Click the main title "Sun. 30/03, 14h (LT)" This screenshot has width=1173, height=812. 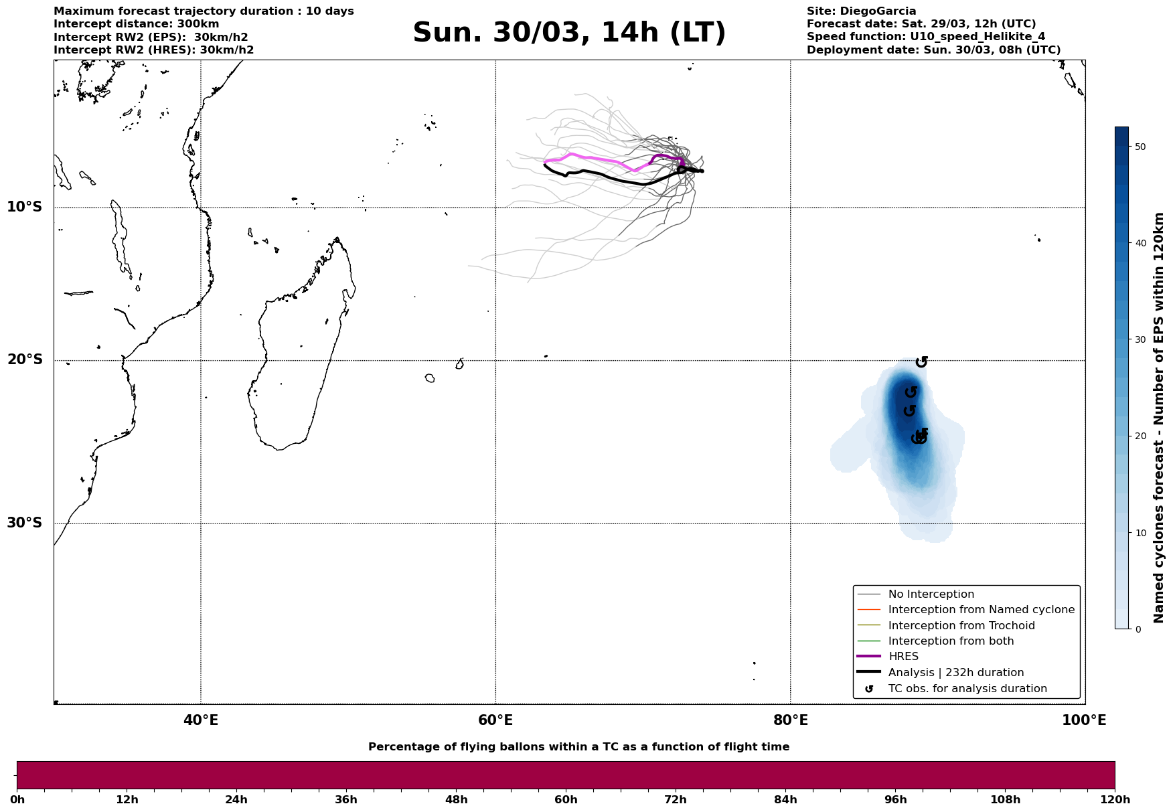(569, 33)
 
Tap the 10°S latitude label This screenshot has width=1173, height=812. (25, 207)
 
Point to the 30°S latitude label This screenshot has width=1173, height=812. (25, 523)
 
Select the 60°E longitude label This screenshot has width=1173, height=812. (495, 720)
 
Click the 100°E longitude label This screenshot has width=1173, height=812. (1084, 720)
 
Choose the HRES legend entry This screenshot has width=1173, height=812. (903, 657)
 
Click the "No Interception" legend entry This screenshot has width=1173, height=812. (931, 594)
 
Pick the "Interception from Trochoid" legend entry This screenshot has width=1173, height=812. (961, 626)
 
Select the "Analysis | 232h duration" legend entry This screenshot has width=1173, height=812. (955, 673)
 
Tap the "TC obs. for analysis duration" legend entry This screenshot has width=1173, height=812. (967, 689)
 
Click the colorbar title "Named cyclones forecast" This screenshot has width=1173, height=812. (1160, 418)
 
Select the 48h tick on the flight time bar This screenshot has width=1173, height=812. (456, 799)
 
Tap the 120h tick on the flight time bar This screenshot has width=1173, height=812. (1114, 799)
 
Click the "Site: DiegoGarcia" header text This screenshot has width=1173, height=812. (861, 11)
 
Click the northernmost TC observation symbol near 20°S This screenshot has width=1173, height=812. (921, 361)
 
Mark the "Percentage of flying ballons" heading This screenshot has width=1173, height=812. (578, 747)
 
